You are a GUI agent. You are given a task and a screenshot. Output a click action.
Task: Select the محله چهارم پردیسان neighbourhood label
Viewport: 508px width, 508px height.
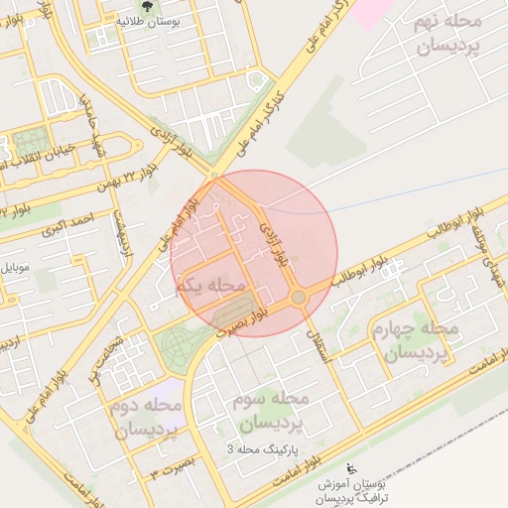(413, 340)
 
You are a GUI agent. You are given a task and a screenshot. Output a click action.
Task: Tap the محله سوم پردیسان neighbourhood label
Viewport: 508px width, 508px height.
(269, 410)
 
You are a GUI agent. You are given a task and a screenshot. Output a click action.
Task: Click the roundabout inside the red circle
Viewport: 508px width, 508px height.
(298, 298)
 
